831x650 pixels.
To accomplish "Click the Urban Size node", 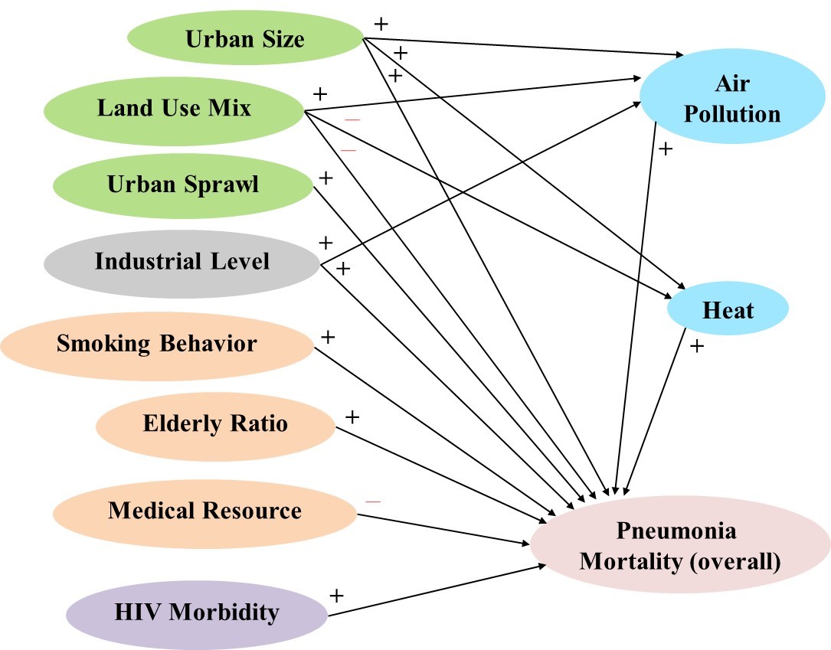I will (x=244, y=38).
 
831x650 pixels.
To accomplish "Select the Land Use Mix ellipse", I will (x=174, y=108).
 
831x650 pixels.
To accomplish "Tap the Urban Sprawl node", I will (x=183, y=185).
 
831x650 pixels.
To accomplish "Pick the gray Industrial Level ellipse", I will (x=182, y=261).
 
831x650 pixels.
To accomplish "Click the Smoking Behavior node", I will (x=157, y=343).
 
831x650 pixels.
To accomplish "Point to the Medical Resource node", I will (x=204, y=510).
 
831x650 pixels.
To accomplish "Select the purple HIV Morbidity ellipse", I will (x=197, y=612).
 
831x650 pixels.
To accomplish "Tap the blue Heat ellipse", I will (x=728, y=310).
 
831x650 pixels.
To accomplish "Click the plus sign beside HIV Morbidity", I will (x=335, y=595).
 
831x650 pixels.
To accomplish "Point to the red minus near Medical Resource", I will (x=373, y=501).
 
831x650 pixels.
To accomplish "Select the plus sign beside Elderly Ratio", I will (x=352, y=417).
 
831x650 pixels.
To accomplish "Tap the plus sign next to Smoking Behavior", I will (x=327, y=336).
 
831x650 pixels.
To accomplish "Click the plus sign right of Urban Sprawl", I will (x=325, y=178).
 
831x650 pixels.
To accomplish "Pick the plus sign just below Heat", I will (x=696, y=346).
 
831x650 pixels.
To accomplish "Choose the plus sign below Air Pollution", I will (x=665, y=149).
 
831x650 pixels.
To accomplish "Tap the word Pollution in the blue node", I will (x=731, y=114).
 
